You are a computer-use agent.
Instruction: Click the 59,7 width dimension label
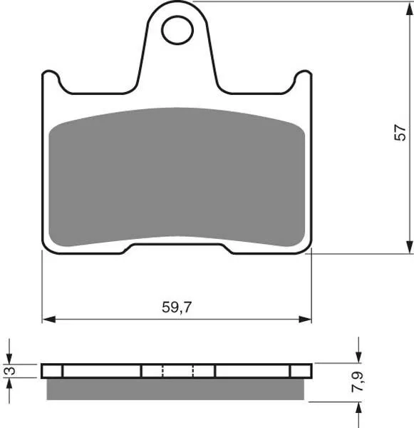point(177,307)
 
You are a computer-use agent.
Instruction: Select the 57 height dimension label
point(400,133)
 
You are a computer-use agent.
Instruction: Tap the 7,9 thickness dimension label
point(357,382)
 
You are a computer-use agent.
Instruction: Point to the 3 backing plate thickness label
point(11,371)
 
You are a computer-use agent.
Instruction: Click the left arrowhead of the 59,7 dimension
point(49,319)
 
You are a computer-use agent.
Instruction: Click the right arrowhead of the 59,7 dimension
point(305,319)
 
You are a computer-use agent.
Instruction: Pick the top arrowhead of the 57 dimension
point(410,9)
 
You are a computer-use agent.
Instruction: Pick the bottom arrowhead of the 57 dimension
point(410,247)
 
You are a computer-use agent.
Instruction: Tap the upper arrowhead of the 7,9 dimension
point(358,357)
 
